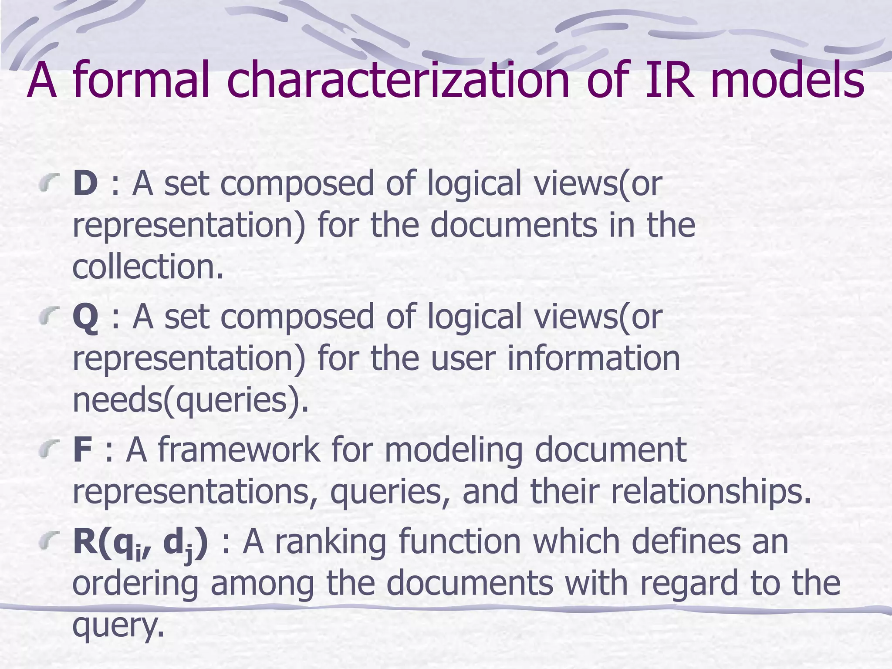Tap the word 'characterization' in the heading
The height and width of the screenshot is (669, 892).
click(399, 81)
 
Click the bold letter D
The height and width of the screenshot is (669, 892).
click(85, 183)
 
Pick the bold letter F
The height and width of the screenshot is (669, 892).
click(82, 450)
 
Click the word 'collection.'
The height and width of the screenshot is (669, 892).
click(148, 267)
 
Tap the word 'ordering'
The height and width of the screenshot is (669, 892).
click(135, 584)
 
